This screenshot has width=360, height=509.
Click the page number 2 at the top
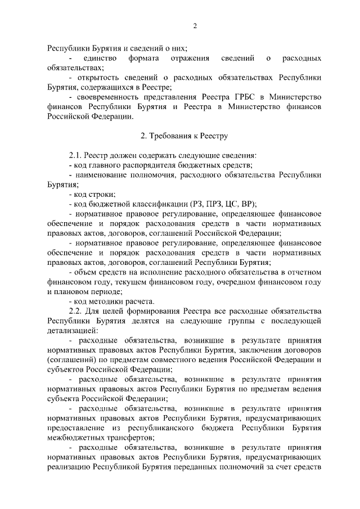pyautogui.click(x=195, y=26)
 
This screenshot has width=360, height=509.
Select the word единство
pyautogui.click(x=99, y=58)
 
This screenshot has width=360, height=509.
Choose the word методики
pyautogui.click(x=107, y=301)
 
